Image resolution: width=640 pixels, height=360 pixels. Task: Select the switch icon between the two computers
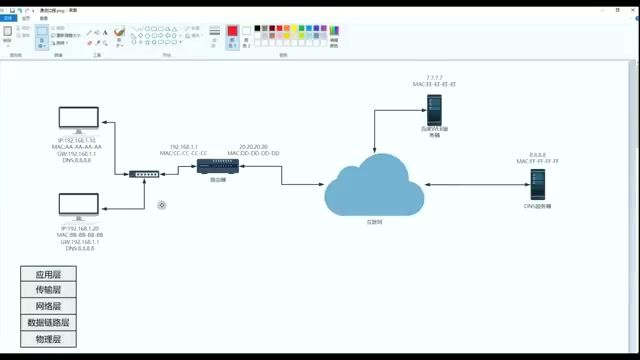pyautogui.click(x=144, y=174)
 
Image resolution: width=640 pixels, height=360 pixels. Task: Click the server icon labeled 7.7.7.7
pyautogui.click(x=434, y=107)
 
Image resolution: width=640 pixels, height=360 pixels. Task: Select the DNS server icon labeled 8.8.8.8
pyautogui.click(x=537, y=183)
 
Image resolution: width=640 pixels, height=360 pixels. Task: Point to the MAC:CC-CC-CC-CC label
pyautogui.click(x=183, y=153)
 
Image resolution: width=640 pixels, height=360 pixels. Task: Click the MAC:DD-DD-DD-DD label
pyautogui.click(x=254, y=153)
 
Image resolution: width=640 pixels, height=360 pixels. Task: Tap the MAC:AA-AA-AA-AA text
pyautogui.click(x=84, y=147)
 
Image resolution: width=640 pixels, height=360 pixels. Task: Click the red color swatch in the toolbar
pyautogui.click(x=232, y=32)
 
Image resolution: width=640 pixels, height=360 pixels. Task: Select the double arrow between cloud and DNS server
pyautogui.click(x=475, y=184)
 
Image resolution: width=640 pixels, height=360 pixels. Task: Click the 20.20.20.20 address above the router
pyautogui.click(x=254, y=146)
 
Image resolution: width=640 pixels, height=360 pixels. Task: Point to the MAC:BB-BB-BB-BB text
pyautogui.click(x=84, y=235)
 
